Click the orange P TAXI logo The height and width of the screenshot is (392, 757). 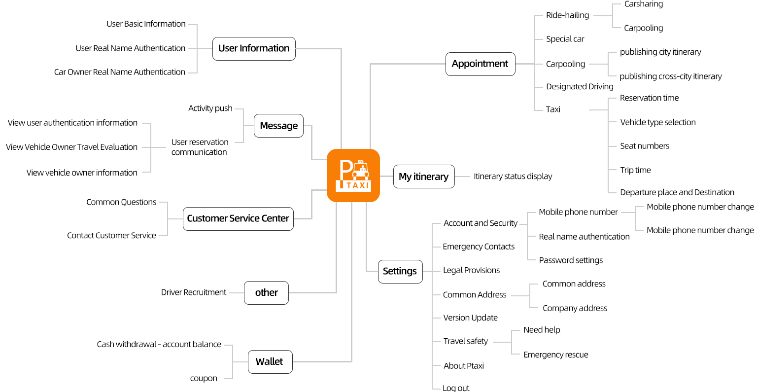coord(353,176)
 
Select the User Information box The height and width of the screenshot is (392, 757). coord(254,48)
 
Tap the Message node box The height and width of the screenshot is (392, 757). coord(278,126)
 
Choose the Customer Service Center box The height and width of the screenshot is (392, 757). coord(238,218)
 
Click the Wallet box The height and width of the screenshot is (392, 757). coord(270,361)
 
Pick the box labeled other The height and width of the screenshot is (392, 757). coord(266,292)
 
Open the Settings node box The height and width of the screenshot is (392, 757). coord(400,271)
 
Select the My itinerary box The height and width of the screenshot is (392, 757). coord(423,177)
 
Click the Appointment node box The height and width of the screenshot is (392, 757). coord(480,64)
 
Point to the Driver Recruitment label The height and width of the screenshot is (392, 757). coord(194,292)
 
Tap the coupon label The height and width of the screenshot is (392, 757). coord(204,379)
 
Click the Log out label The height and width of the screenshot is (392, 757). coord(456,388)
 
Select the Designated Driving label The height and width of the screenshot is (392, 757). coord(580,87)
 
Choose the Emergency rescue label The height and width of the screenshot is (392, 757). coord(555,355)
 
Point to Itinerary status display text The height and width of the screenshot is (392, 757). coord(513,177)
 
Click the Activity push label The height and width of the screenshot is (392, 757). coord(210,108)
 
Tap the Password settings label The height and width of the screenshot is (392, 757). coord(571,260)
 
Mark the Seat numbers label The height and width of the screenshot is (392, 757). coord(645,146)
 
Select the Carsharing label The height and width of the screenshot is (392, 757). coord(643,4)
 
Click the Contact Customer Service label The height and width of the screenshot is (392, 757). coord(111,236)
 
